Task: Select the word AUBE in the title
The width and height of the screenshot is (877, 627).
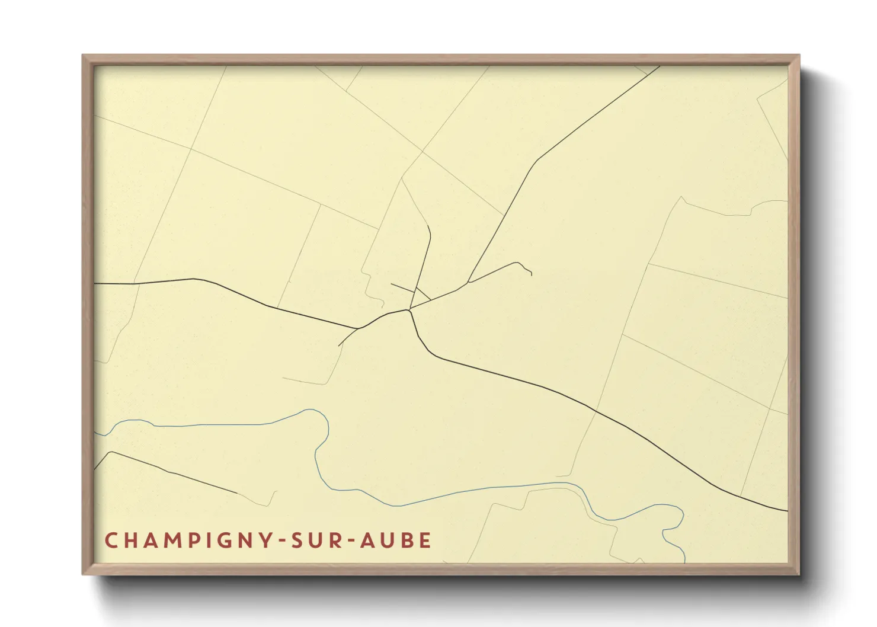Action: coord(396,540)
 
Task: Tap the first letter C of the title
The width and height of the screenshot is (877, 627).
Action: coord(111,540)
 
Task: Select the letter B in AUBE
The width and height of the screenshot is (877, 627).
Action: coord(410,540)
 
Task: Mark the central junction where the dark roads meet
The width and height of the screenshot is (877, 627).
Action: coord(409,309)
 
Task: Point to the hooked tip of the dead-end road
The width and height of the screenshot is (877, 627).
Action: coord(531,274)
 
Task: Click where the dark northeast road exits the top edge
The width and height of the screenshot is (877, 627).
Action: coord(659,66)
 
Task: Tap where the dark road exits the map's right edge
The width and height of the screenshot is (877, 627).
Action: coord(786,510)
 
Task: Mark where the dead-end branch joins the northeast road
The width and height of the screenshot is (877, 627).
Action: coord(469,282)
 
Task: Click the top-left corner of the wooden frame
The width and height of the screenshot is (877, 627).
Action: coord(84,56)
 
